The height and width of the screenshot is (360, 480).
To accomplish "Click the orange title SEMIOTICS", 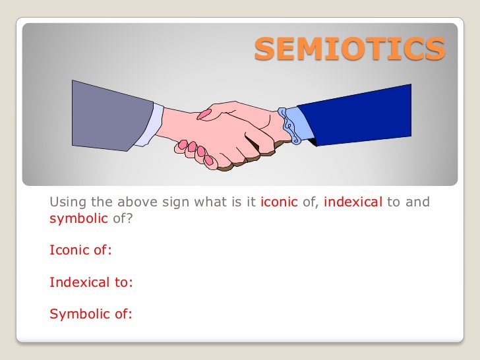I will [349, 48].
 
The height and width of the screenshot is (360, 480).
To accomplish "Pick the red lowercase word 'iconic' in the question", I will [279, 202].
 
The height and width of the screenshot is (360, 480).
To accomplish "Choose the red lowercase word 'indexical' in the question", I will [353, 202].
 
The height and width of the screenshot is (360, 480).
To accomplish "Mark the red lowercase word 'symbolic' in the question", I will [78, 219].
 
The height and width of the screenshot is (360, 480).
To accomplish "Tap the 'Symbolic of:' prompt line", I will [91, 314].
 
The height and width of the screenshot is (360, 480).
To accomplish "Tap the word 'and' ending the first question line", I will [417, 202].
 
